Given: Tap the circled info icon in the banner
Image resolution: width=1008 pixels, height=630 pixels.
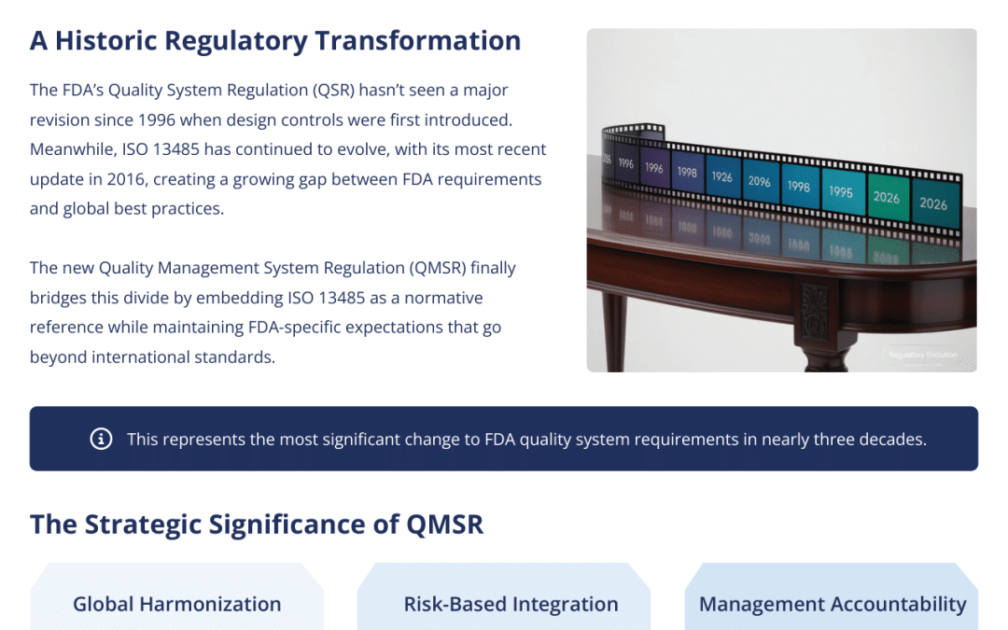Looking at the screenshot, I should click(101, 439).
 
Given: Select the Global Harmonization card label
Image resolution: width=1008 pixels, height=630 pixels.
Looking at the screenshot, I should click(177, 604).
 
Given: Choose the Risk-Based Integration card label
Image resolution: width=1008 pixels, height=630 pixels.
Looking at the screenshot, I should click(511, 604).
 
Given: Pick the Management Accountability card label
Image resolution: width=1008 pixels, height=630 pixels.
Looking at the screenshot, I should click(833, 604).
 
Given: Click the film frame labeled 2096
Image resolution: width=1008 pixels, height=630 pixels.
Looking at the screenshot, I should click(759, 181).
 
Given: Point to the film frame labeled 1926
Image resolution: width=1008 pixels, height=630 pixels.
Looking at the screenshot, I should click(721, 175).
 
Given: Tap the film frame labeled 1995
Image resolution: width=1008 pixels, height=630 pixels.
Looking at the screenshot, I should click(841, 191).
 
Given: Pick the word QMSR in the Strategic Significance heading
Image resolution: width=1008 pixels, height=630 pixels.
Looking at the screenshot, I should click(445, 525).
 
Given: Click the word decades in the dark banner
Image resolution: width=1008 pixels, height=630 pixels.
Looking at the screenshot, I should click(892, 439).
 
